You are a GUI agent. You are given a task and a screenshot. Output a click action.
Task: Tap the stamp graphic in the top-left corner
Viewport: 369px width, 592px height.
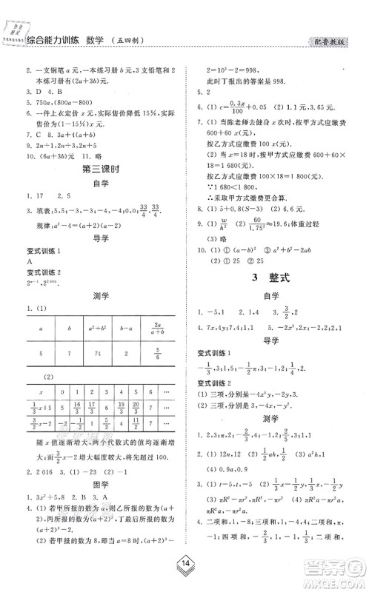[x=14, y=32]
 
